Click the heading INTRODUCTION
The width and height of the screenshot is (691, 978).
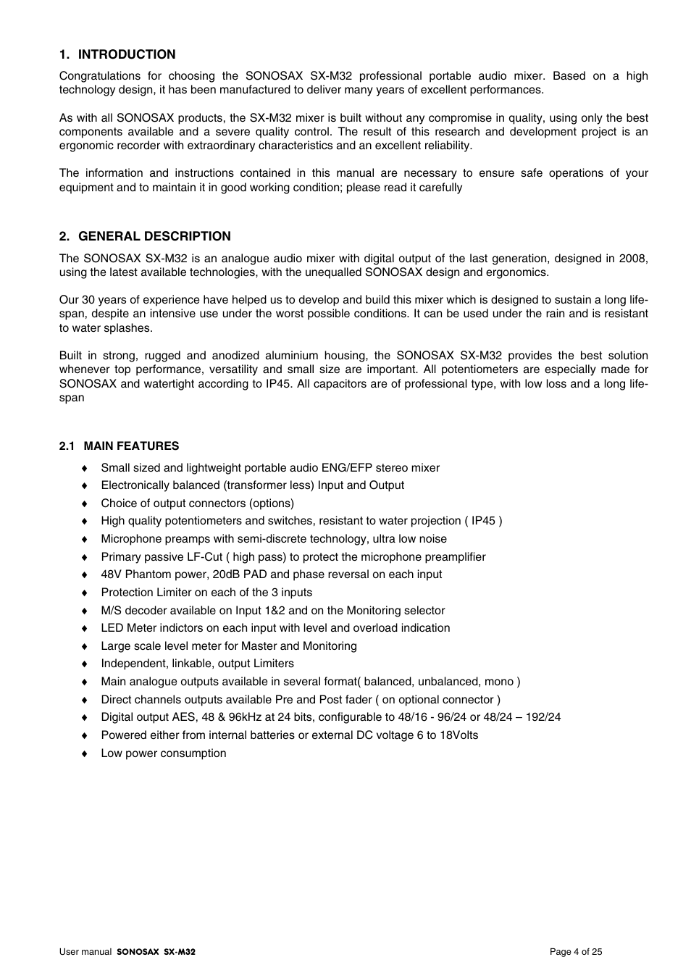(x=126, y=54)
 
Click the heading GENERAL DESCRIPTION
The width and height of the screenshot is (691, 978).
(x=154, y=236)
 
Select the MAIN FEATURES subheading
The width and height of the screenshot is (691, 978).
(x=131, y=446)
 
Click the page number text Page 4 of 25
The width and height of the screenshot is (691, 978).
(x=576, y=952)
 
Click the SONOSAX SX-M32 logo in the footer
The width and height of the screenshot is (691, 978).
(x=156, y=952)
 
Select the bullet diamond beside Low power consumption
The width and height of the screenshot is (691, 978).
(x=84, y=754)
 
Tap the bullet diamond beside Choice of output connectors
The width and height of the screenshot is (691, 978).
(x=84, y=504)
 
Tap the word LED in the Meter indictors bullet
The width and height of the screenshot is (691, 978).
(x=112, y=628)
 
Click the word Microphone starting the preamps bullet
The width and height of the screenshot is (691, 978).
(x=131, y=539)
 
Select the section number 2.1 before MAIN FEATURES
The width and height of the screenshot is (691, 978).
(x=67, y=446)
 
